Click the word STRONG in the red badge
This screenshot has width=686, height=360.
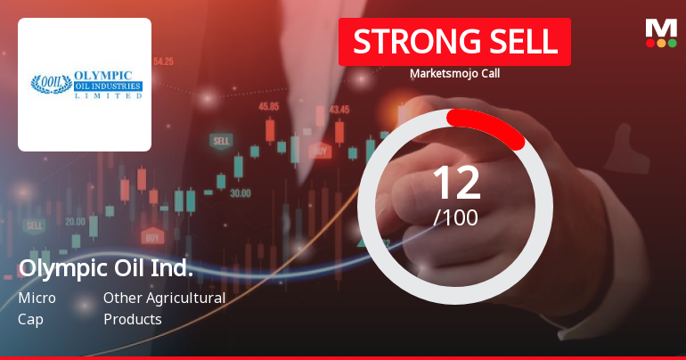(405, 42)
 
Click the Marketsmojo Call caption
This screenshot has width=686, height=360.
(454, 74)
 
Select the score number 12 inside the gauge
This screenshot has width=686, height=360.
(455, 183)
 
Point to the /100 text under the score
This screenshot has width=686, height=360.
(455, 217)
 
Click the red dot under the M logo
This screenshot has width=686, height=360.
(650, 43)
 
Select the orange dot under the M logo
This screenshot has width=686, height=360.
(661, 43)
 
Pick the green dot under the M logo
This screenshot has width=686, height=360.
(672, 43)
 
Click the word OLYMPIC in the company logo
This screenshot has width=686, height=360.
(103, 77)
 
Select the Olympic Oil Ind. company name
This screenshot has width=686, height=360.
(106, 268)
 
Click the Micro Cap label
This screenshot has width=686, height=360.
(37, 308)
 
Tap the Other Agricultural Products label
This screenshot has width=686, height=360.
(164, 308)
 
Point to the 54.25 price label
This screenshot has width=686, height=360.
(163, 61)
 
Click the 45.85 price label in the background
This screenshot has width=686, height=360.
(268, 106)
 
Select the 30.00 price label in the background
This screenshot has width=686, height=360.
(240, 192)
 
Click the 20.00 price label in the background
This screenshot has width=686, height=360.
(75, 221)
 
